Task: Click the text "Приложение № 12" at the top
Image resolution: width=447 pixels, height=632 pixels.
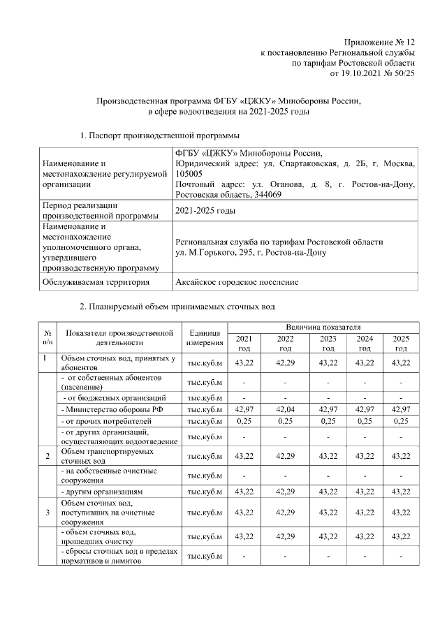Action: point(380,43)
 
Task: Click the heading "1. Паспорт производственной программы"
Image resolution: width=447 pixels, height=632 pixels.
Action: point(159,134)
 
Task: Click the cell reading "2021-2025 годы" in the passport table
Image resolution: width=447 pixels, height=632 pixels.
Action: point(205,210)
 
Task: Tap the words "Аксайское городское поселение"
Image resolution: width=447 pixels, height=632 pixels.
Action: point(237,282)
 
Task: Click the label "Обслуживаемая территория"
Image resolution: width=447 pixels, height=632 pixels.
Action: point(96,282)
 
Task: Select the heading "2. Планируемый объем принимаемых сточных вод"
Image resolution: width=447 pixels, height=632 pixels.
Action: point(177,307)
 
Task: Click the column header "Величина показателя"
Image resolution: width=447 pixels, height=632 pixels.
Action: point(322,327)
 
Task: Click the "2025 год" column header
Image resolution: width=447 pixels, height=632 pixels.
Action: point(401,343)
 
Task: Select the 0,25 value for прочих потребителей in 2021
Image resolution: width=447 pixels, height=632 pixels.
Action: point(244,420)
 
